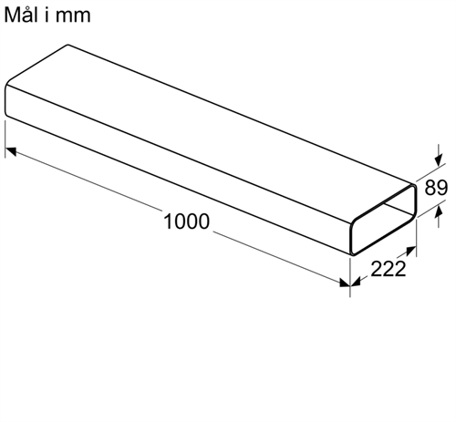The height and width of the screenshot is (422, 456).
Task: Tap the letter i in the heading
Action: tap(47, 15)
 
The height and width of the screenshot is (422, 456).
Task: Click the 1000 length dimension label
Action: tap(186, 221)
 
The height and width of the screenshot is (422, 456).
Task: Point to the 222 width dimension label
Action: tap(389, 269)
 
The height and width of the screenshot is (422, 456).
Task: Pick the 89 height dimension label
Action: tap(436, 188)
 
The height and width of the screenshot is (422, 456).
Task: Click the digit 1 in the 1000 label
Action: tap(168, 221)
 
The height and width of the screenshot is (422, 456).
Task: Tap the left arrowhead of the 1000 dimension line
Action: tap(11, 150)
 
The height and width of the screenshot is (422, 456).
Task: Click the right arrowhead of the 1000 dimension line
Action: tap(345, 283)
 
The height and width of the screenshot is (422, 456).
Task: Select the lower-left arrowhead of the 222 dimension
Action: tap(356, 282)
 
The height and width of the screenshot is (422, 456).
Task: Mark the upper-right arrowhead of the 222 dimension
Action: tap(411, 251)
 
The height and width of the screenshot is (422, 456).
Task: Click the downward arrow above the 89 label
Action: tap(438, 155)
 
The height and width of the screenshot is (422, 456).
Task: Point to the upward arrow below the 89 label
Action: tap(438, 217)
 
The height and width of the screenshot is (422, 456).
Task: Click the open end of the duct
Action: tap(383, 219)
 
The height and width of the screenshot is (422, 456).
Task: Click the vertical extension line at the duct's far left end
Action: tap(5, 139)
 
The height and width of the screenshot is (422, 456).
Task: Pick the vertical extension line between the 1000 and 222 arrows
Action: tap(350, 277)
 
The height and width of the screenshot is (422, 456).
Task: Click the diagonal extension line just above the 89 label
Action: tap(430, 171)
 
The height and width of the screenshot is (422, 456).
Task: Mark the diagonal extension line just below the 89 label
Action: tap(431, 209)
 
